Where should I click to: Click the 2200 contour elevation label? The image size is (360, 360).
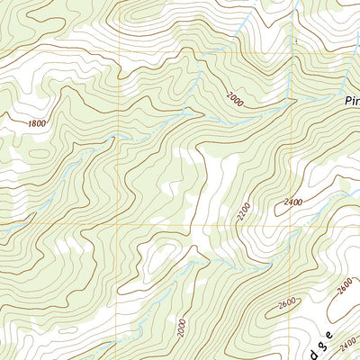click(242, 212)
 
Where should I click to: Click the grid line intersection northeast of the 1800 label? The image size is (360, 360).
click(118, 52)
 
